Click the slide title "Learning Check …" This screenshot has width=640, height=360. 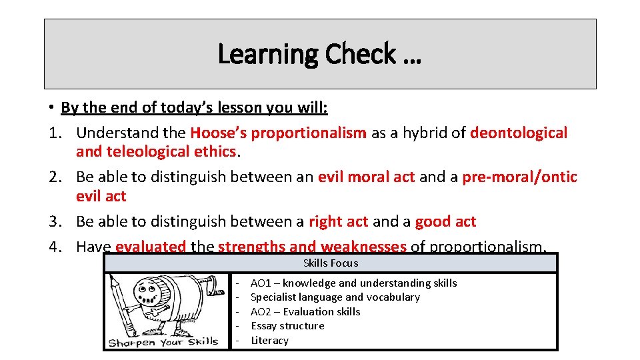(319, 54)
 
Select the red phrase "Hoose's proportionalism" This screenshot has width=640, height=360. (278, 133)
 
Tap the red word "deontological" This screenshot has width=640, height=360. (519, 133)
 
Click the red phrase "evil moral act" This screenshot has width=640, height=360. (366, 177)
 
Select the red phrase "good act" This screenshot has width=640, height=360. (445, 221)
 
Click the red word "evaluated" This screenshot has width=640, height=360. (151, 247)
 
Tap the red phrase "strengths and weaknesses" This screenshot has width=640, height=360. (312, 247)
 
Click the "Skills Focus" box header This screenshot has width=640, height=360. (331, 263)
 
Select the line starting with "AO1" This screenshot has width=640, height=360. (353, 283)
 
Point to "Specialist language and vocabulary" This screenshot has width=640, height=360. (335, 297)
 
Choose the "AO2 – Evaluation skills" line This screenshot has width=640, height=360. (305, 311)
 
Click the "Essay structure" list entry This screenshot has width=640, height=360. (287, 326)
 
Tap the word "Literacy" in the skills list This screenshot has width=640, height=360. (270, 340)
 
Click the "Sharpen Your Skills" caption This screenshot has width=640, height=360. (163, 342)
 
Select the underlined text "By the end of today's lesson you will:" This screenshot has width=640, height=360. (194, 107)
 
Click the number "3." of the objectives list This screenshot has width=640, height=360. (56, 221)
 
